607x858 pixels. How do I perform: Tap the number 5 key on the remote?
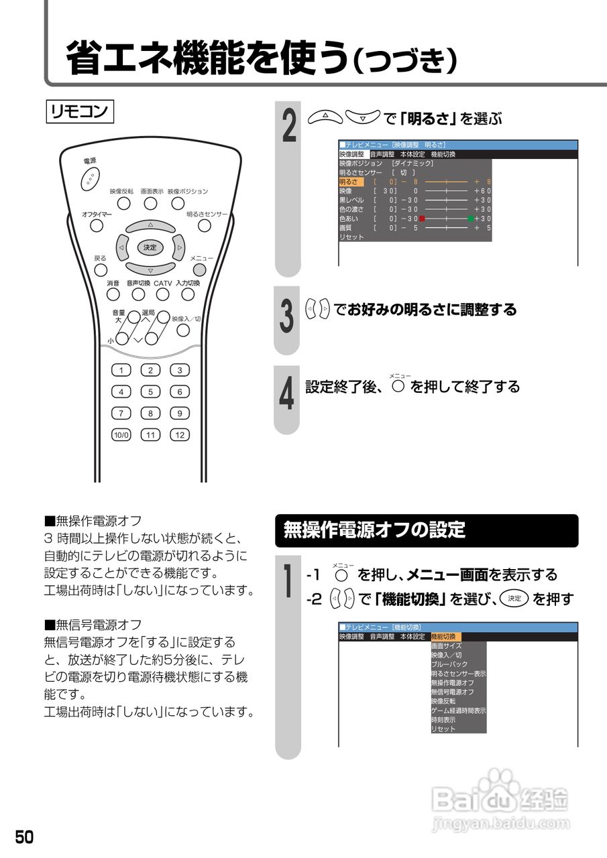click(x=150, y=391)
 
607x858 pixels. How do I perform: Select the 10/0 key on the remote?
click(x=121, y=434)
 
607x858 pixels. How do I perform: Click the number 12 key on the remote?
click(x=180, y=434)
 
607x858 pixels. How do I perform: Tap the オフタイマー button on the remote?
click(x=97, y=225)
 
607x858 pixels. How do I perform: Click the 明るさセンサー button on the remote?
click(x=205, y=225)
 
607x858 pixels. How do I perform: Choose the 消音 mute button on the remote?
click(x=113, y=294)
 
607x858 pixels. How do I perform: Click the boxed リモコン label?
click(x=80, y=111)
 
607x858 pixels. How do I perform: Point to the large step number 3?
click(x=286, y=316)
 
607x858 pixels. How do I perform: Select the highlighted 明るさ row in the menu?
click(x=351, y=182)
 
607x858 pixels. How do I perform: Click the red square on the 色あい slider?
click(x=423, y=219)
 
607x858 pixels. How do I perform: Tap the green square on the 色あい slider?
click(x=471, y=219)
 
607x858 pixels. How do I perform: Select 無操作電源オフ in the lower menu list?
click(x=453, y=682)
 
